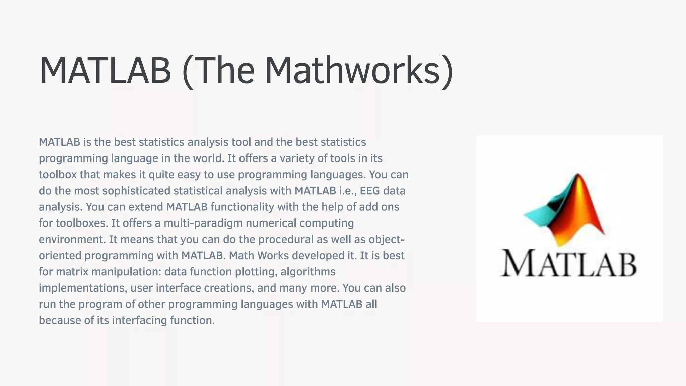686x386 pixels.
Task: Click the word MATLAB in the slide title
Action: coord(105,71)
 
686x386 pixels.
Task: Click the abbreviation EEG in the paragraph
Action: coord(370,191)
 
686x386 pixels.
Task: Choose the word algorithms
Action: coord(308,272)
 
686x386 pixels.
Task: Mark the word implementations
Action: coord(83,288)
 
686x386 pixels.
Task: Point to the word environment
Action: coord(72,239)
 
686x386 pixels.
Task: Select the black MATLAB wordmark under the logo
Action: coord(569,264)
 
